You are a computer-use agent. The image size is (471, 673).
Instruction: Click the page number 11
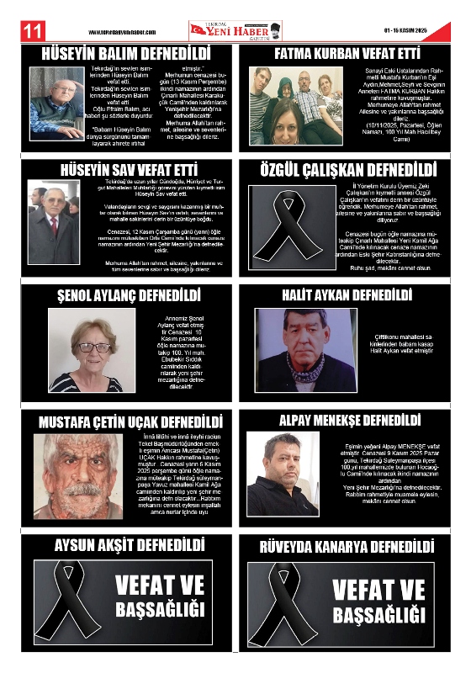32,31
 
